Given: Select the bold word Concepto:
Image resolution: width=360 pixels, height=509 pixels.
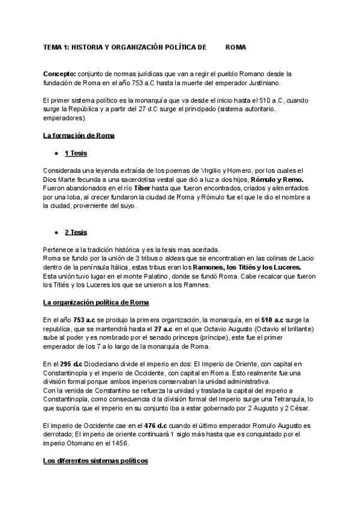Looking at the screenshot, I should (x=59, y=73).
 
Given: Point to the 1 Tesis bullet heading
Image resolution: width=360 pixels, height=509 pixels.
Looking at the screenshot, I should (x=76, y=154).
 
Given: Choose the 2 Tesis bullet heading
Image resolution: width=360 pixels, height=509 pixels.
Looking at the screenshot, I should (x=76, y=232).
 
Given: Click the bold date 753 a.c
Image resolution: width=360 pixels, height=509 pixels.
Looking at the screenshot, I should (x=83, y=321).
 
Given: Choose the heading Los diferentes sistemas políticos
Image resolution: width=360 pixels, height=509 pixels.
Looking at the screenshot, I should (x=95, y=461).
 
